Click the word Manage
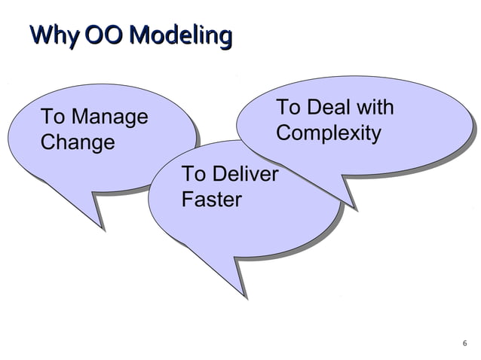[106, 117]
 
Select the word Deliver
[242, 175]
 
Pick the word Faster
[212, 200]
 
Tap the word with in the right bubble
[375, 108]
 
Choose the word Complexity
[328, 133]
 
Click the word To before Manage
[52, 117]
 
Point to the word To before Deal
[287, 108]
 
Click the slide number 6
[464, 345]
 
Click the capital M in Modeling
[138, 35]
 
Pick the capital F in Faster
[188, 200]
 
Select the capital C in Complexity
[283, 133]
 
